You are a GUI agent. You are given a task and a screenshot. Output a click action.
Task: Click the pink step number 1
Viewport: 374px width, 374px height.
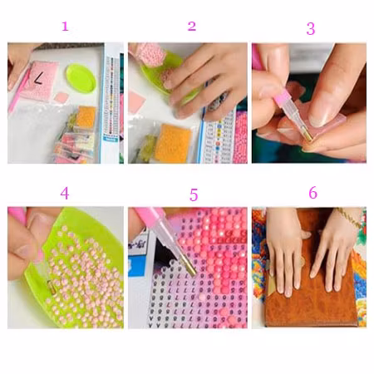pyautogui.click(x=65, y=27)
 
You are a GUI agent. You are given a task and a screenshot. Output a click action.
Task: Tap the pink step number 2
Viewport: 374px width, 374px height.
pyautogui.click(x=192, y=27)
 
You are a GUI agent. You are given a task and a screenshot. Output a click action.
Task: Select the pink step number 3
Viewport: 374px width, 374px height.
pyautogui.click(x=311, y=29)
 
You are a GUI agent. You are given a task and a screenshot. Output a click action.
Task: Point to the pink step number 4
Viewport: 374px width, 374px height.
pyautogui.click(x=65, y=193)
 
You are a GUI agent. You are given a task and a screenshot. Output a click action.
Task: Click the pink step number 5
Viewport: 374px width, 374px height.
pyautogui.click(x=194, y=194)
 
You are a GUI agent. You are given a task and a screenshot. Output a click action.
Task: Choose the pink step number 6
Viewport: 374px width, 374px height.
pyautogui.click(x=312, y=193)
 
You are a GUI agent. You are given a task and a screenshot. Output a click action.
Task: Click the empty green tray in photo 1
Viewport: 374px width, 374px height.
pyautogui.click(x=81, y=78)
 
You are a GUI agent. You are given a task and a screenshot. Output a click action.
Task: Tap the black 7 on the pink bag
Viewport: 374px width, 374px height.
pyautogui.click(x=38, y=78)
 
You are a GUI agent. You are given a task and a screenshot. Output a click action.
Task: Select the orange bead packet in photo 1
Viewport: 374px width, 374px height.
pyautogui.click(x=86, y=117)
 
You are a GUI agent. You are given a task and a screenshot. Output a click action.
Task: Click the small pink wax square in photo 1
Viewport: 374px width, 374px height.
pyautogui.click(x=61, y=97)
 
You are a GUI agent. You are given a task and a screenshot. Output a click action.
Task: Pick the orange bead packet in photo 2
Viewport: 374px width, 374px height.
pyautogui.click(x=173, y=143)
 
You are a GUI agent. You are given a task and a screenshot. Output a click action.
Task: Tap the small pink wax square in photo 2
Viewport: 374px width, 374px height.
pyautogui.click(x=137, y=101)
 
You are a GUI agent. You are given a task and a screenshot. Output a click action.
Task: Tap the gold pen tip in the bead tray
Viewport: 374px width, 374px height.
pyautogui.click(x=51, y=284)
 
